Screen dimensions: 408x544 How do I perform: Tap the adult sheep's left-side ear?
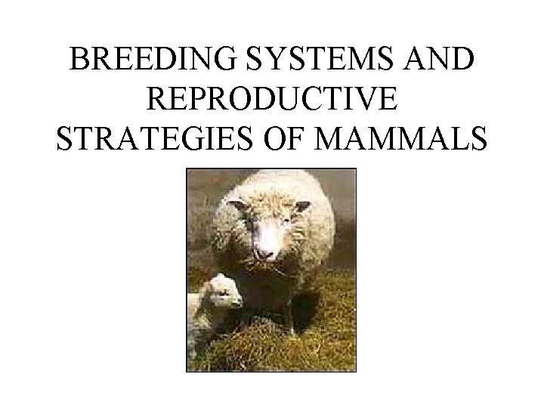(235, 205)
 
